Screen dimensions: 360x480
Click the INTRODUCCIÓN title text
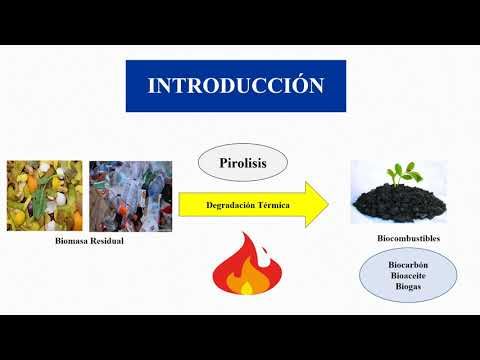point(236,86)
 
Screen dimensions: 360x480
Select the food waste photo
point(44,196)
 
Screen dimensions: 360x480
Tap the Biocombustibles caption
point(408,239)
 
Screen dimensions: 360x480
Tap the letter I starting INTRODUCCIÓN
point(152,86)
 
